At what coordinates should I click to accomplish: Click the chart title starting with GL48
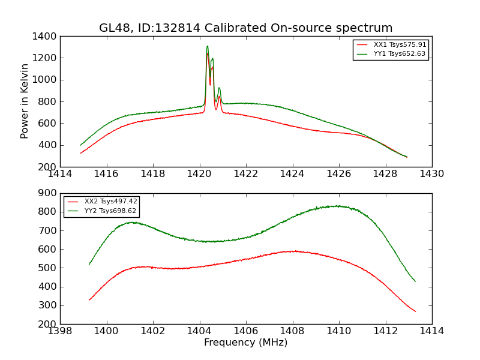[246, 28]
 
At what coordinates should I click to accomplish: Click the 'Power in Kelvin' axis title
[25, 101]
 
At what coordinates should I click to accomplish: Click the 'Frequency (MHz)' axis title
[246, 343]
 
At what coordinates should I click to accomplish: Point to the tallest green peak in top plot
[208, 46]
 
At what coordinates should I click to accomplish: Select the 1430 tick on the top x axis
[432, 174]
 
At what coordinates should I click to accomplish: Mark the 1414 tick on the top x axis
[60, 174]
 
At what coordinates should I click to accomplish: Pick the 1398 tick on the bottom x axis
[60, 331]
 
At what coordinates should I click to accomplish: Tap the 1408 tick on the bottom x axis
[292, 331]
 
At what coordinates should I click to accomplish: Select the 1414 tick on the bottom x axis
[432, 331]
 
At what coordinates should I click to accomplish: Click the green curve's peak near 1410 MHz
[338, 206]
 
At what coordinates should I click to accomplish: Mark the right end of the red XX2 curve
[415, 311]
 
